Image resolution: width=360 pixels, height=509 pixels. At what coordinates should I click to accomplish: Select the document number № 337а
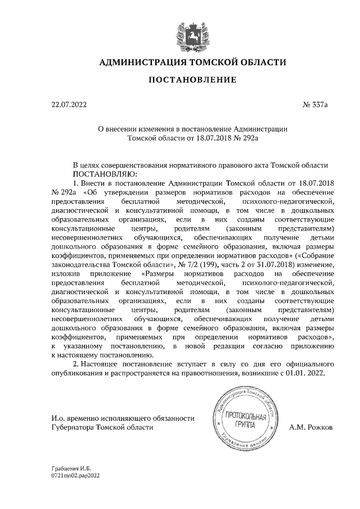[315, 104]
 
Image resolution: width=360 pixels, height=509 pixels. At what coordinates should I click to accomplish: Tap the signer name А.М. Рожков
[311, 427]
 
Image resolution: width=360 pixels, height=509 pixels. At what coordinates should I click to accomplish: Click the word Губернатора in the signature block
[71, 427]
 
